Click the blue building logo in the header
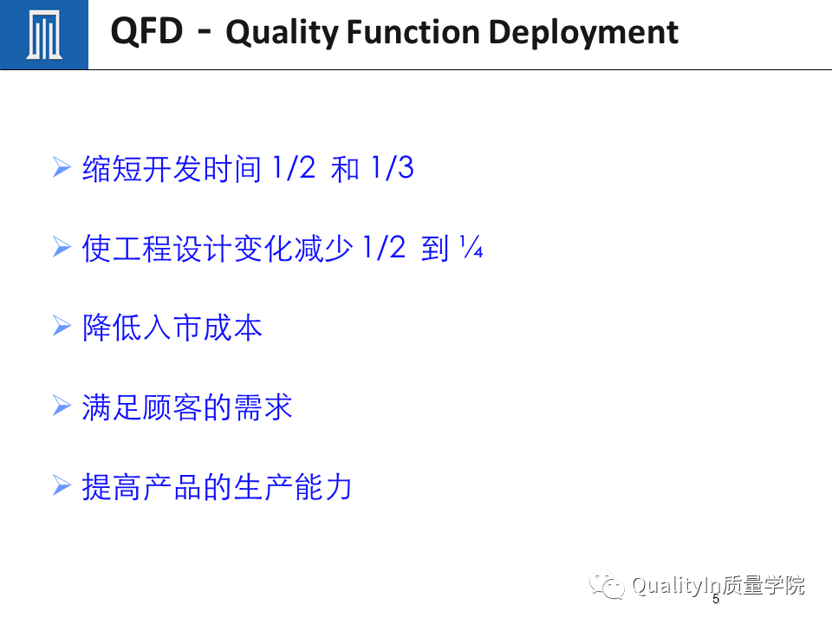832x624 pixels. [x=44, y=35]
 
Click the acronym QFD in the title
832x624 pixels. [x=147, y=31]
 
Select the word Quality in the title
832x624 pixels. [x=283, y=33]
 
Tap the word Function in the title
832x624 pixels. [x=413, y=32]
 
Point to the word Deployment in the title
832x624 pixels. [x=583, y=33]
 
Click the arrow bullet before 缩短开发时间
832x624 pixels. [x=62, y=167]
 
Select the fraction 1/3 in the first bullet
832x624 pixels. [x=393, y=167]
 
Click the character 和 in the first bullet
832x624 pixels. [x=345, y=169]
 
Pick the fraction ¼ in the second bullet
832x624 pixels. [x=471, y=247]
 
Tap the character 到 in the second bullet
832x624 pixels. [x=435, y=248]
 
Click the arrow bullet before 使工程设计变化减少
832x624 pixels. [x=62, y=247]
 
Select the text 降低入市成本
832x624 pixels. [x=172, y=327]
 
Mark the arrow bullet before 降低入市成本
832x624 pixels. [x=62, y=327]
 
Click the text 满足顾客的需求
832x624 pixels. [x=187, y=407]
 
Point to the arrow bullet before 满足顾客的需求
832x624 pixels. [x=62, y=406]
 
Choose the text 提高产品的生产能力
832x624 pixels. [x=217, y=486]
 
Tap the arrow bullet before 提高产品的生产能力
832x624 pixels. [x=62, y=485]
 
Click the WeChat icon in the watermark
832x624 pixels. [x=607, y=585]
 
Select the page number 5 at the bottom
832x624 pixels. [x=716, y=599]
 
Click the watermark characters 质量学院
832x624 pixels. [x=763, y=585]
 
